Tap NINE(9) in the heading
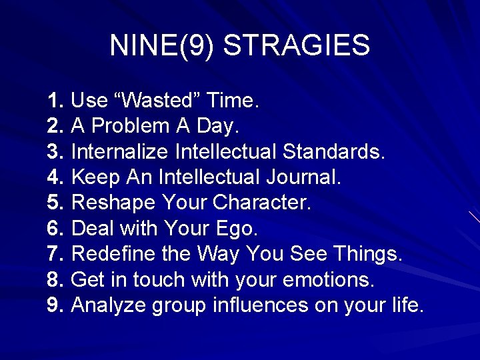(x=162, y=46)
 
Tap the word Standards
(x=333, y=152)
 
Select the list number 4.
(x=55, y=177)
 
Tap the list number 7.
(x=55, y=254)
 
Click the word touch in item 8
(x=159, y=280)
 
